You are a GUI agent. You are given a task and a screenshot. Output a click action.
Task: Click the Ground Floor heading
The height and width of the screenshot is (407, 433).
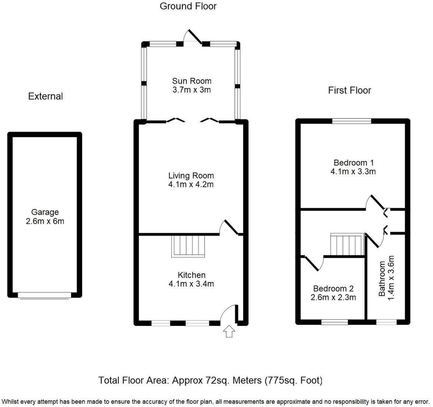tap(188, 6)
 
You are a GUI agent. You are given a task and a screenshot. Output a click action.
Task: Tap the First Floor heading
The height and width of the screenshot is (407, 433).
tap(349, 90)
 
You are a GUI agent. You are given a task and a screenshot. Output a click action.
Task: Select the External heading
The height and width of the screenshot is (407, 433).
tap(45, 96)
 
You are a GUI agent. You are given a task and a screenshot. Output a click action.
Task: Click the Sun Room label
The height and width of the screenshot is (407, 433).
tap(191, 81)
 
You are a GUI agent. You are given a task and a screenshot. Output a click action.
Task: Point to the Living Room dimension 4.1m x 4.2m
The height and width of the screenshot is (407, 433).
tap(191, 185)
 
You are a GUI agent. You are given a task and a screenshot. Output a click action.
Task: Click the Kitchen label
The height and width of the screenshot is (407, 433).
tap(191, 275)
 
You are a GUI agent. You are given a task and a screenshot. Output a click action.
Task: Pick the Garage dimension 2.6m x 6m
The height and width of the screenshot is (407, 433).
tap(45, 222)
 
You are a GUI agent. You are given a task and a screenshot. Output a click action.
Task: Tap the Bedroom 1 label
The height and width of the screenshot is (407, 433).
tap(353, 163)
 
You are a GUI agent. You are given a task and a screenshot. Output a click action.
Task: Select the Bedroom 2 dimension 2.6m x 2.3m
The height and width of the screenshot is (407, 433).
tap(333, 298)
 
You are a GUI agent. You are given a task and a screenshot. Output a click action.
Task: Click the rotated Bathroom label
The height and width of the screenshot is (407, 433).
tap(382, 279)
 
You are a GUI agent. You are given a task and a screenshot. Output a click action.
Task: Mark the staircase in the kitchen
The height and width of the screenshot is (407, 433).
tap(188, 246)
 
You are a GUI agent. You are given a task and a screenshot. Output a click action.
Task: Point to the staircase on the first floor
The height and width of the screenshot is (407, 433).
tap(347, 244)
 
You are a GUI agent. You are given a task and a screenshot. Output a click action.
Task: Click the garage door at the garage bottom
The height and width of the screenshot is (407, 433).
tap(45, 295)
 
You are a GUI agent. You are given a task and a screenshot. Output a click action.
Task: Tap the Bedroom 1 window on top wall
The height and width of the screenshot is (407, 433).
tap(352, 121)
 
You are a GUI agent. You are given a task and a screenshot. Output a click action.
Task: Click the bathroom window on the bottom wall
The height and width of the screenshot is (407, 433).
tap(386, 322)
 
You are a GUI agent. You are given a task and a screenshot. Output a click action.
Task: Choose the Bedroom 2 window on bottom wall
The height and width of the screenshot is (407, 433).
tap(334, 322)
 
